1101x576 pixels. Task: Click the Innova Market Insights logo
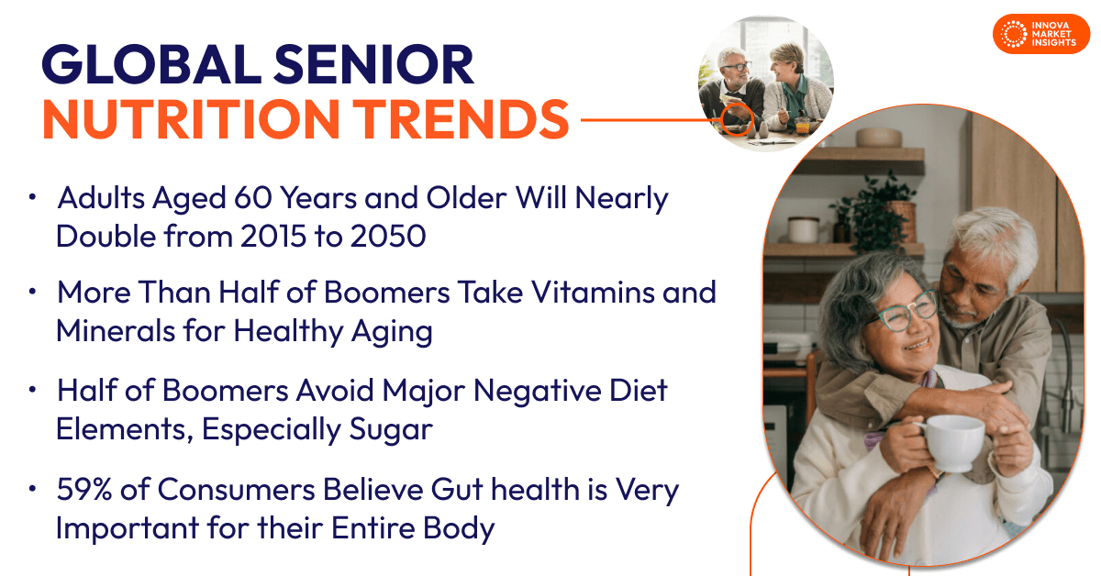(x=1040, y=34)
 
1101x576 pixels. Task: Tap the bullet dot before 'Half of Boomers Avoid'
(x=33, y=391)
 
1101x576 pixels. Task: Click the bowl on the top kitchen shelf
(x=879, y=138)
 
